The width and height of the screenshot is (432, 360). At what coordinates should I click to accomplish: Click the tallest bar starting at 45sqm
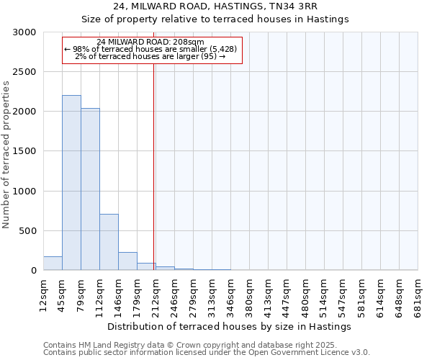(71, 183)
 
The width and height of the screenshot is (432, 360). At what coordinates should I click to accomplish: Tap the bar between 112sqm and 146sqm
(109, 242)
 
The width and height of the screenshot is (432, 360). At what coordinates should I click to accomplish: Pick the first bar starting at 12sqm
(53, 264)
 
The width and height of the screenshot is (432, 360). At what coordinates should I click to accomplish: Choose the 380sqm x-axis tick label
(248, 293)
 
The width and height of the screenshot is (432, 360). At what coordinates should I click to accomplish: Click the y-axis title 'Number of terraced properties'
(6, 155)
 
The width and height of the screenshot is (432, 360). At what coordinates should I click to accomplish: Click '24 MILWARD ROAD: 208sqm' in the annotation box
(150, 42)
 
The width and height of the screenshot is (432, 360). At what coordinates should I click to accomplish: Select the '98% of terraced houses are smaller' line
(150, 49)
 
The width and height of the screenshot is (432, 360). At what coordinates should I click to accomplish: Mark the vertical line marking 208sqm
(154, 166)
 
